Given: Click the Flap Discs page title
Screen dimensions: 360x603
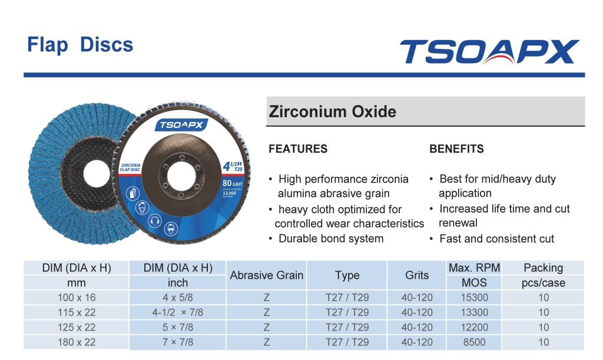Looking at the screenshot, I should tap(80, 45).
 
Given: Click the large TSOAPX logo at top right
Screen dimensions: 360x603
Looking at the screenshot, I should tap(489, 52).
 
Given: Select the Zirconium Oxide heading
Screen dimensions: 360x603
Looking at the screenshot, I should tap(333, 111).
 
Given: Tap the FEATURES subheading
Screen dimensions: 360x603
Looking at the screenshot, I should tap(298, 149).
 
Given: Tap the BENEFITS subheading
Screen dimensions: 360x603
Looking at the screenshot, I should tap(456, 149).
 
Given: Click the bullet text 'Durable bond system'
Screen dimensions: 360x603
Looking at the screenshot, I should tap(331, 239).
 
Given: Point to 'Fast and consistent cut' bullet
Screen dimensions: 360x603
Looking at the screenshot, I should tap(496, 239).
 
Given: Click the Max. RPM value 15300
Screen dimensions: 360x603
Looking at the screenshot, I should tap(474, 298).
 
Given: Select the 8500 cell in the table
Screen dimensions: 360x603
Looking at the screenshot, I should tap(474, 342).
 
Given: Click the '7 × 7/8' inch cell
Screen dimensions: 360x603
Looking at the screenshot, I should tap(177, 342).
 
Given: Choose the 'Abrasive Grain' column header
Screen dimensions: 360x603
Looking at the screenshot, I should tap(267, 275).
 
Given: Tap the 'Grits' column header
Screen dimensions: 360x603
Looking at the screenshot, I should tap(417, 275).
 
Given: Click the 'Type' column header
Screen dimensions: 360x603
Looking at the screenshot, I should tap(347, 275).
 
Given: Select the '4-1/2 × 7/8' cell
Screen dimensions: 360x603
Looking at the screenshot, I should tap(177, 312).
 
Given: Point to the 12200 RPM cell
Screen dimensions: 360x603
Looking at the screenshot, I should tap(474, 327).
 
